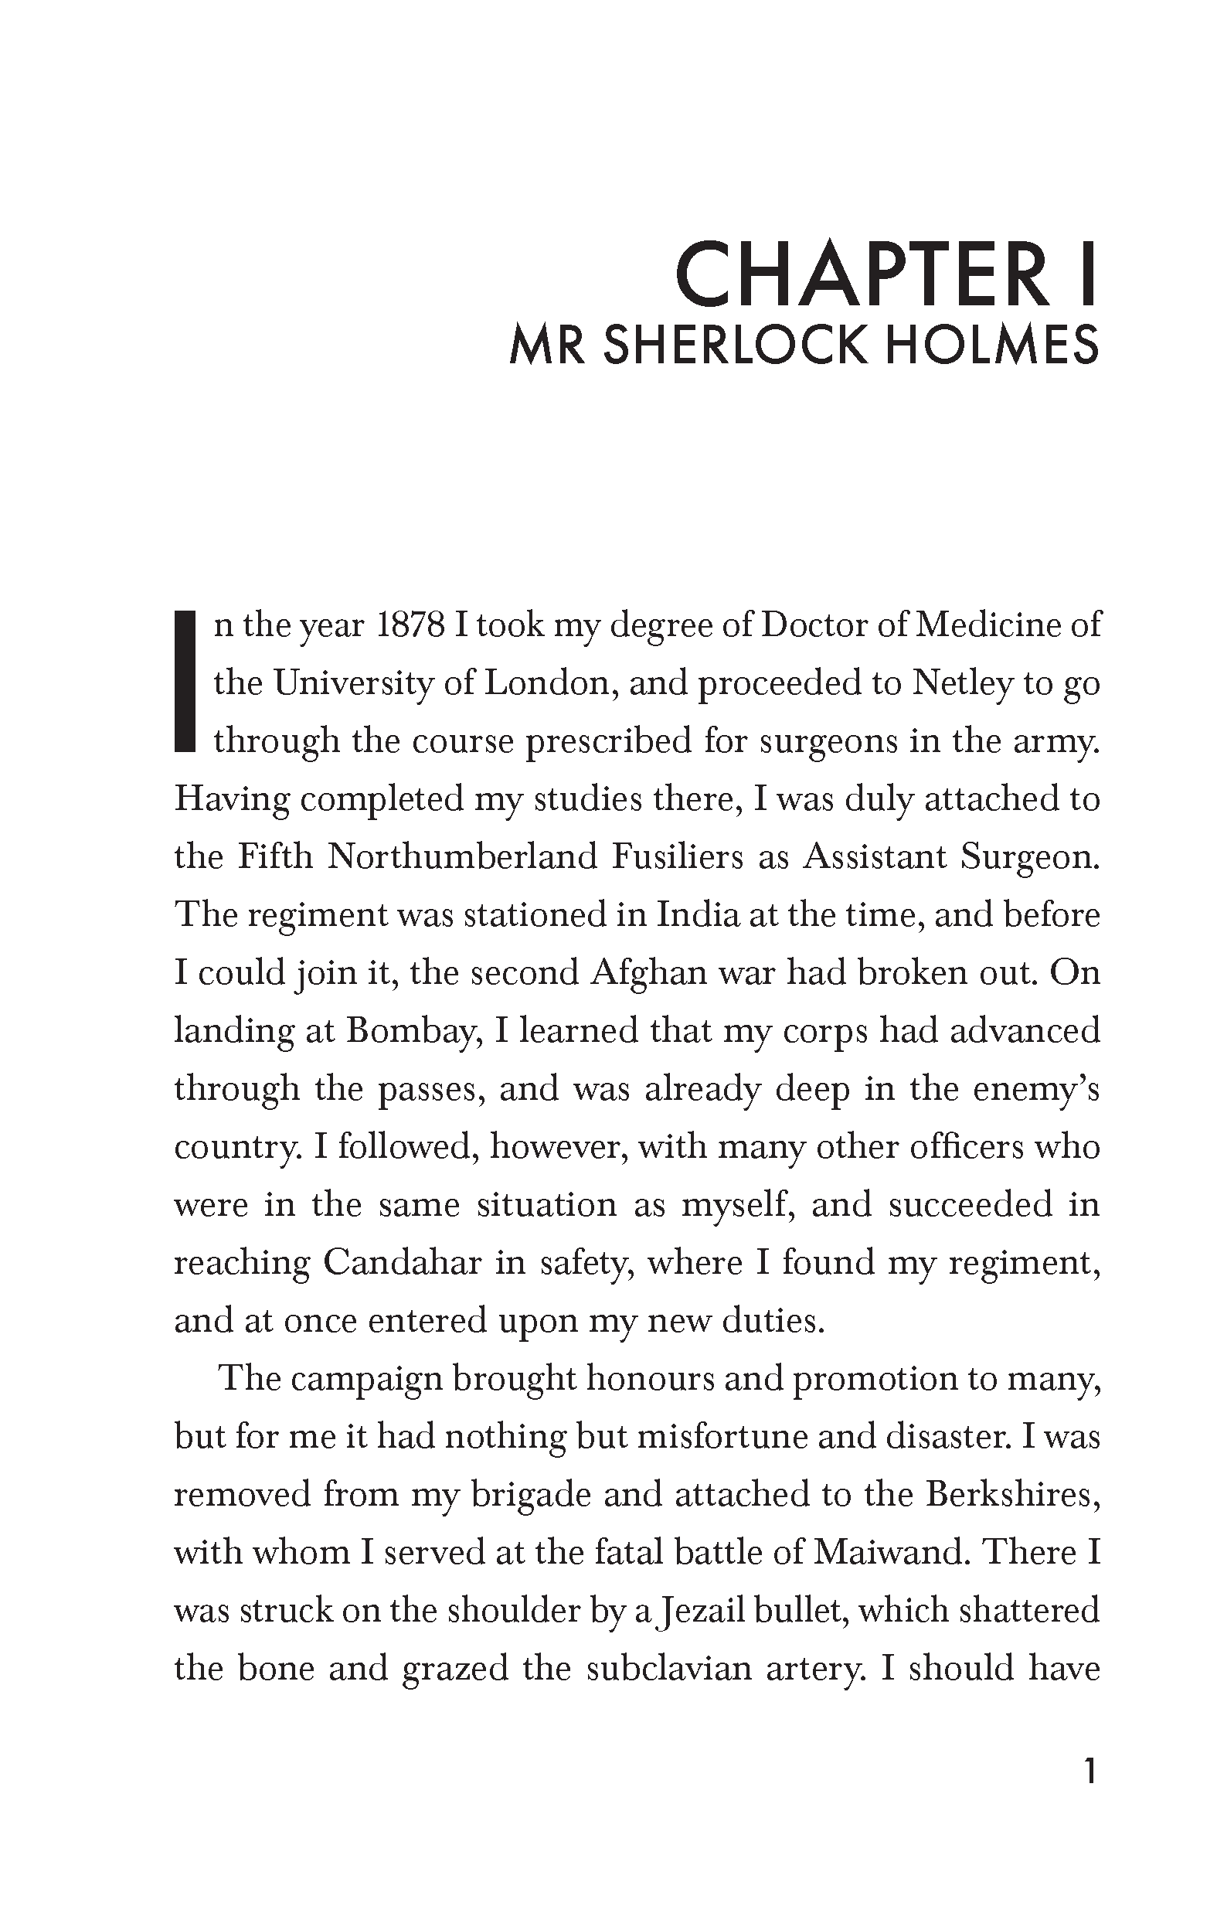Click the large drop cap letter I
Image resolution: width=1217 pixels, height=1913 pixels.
click(185, 681)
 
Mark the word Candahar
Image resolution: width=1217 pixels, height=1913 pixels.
click(402, 1263)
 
